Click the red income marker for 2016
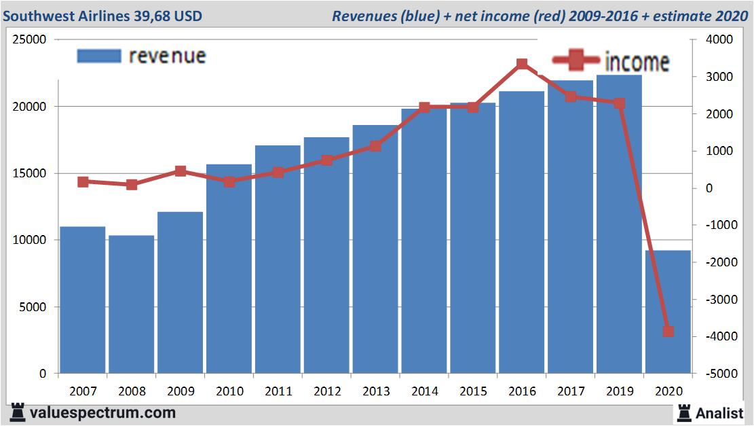click(x=522, y=65)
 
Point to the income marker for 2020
click(x=668, y=332)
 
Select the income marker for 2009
click(x=181, y=171)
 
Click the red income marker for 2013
click(x=375, y=146)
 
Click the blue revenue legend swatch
click(x=98, y=56)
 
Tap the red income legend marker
click(x=576, y=61)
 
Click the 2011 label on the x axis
click(x=278, y=392)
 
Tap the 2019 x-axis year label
click(x=619, y=392)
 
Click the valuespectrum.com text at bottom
click(x=102, y=412)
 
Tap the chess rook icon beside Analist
click(x=683, y=412)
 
